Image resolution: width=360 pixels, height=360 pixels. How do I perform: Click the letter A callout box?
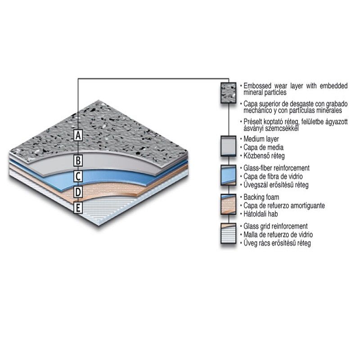[78, 135]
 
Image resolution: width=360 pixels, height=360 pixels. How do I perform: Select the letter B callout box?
[78, 160]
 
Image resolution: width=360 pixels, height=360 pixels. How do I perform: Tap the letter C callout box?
[78, 176]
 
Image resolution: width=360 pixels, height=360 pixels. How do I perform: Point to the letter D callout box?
[78, 192]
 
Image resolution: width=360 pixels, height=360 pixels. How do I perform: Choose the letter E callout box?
[78, 208]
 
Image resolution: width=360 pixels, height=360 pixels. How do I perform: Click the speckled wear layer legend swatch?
[229, 93]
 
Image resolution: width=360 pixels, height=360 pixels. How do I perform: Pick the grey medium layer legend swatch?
[229, 146]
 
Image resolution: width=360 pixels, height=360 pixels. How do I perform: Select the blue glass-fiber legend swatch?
[229, 175]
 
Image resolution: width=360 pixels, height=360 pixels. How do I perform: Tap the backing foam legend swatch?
[229, 204]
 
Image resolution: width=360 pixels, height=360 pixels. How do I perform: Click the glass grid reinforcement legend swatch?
[229, 233]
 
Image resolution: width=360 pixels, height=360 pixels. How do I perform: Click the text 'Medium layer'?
[261, 139]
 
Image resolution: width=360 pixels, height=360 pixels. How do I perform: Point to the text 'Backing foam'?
[261, 197]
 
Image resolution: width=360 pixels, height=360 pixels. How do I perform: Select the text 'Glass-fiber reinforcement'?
[276, 168]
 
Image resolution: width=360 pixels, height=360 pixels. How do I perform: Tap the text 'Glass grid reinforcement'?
[275, 226]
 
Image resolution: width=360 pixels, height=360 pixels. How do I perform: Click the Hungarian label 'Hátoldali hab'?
[261, 214]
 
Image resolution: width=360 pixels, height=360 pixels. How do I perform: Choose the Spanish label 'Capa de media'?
[263, 148]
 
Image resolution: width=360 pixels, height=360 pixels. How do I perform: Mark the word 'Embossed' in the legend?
[257, 86]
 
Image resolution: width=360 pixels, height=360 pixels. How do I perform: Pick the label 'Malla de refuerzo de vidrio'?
[278, 234]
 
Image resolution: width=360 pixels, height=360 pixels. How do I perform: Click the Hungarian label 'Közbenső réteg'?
[264, 156]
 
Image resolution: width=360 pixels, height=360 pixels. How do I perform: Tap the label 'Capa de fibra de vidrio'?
[273, 176]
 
